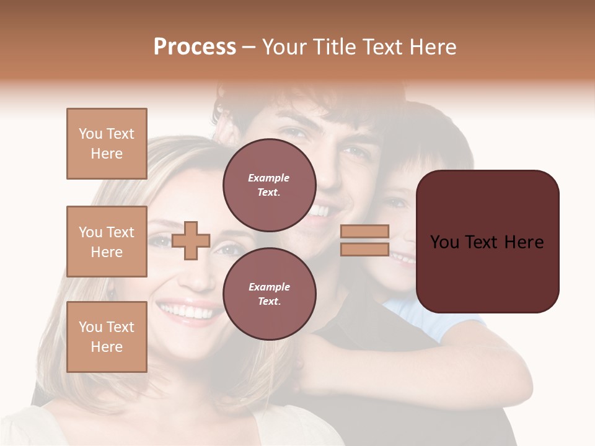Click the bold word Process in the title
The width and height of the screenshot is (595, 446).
pyautogui.click(x=195, y=47)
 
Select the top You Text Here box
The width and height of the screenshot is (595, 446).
pyautogui.click(x=107, y=144)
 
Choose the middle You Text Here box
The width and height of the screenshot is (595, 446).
pyautogui.click(x=107, y=242)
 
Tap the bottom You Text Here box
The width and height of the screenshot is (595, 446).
pyautogui.click(x=107, y=337)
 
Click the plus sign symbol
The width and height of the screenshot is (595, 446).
pyautogui.click(x=191, y=241)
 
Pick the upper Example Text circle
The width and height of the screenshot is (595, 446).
pyautogui.click(x=269, y=185)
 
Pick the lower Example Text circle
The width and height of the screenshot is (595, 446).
pyautogui.click(x=269, y=294)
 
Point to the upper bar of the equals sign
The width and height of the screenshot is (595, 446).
pyautogui.click(x=365, y=232)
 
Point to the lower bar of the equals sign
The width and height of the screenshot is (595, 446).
pyautogui.click(x=365, y=250)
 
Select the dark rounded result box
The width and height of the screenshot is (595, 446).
pyautogui.click(x=487, y=242)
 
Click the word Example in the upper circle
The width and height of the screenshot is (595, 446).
pyautogui.click(x=269, y=178)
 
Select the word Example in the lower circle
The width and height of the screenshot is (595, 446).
pyautogui.click(x=269, y=287)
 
